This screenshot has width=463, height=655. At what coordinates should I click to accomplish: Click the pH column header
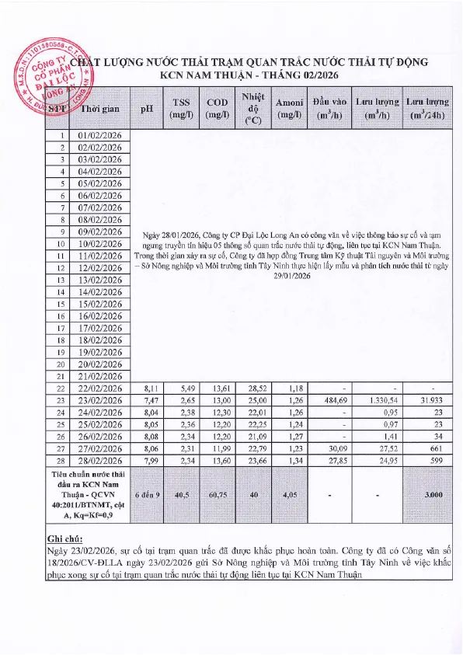146,109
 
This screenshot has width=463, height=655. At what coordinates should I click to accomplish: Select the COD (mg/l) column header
217,109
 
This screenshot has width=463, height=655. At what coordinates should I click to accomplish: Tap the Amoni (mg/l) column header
289,109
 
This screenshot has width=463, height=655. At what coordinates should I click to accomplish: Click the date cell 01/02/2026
101,135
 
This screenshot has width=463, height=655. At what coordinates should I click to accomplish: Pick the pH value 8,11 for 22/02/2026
147,388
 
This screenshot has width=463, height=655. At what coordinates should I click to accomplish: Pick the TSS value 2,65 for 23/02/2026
181,401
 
